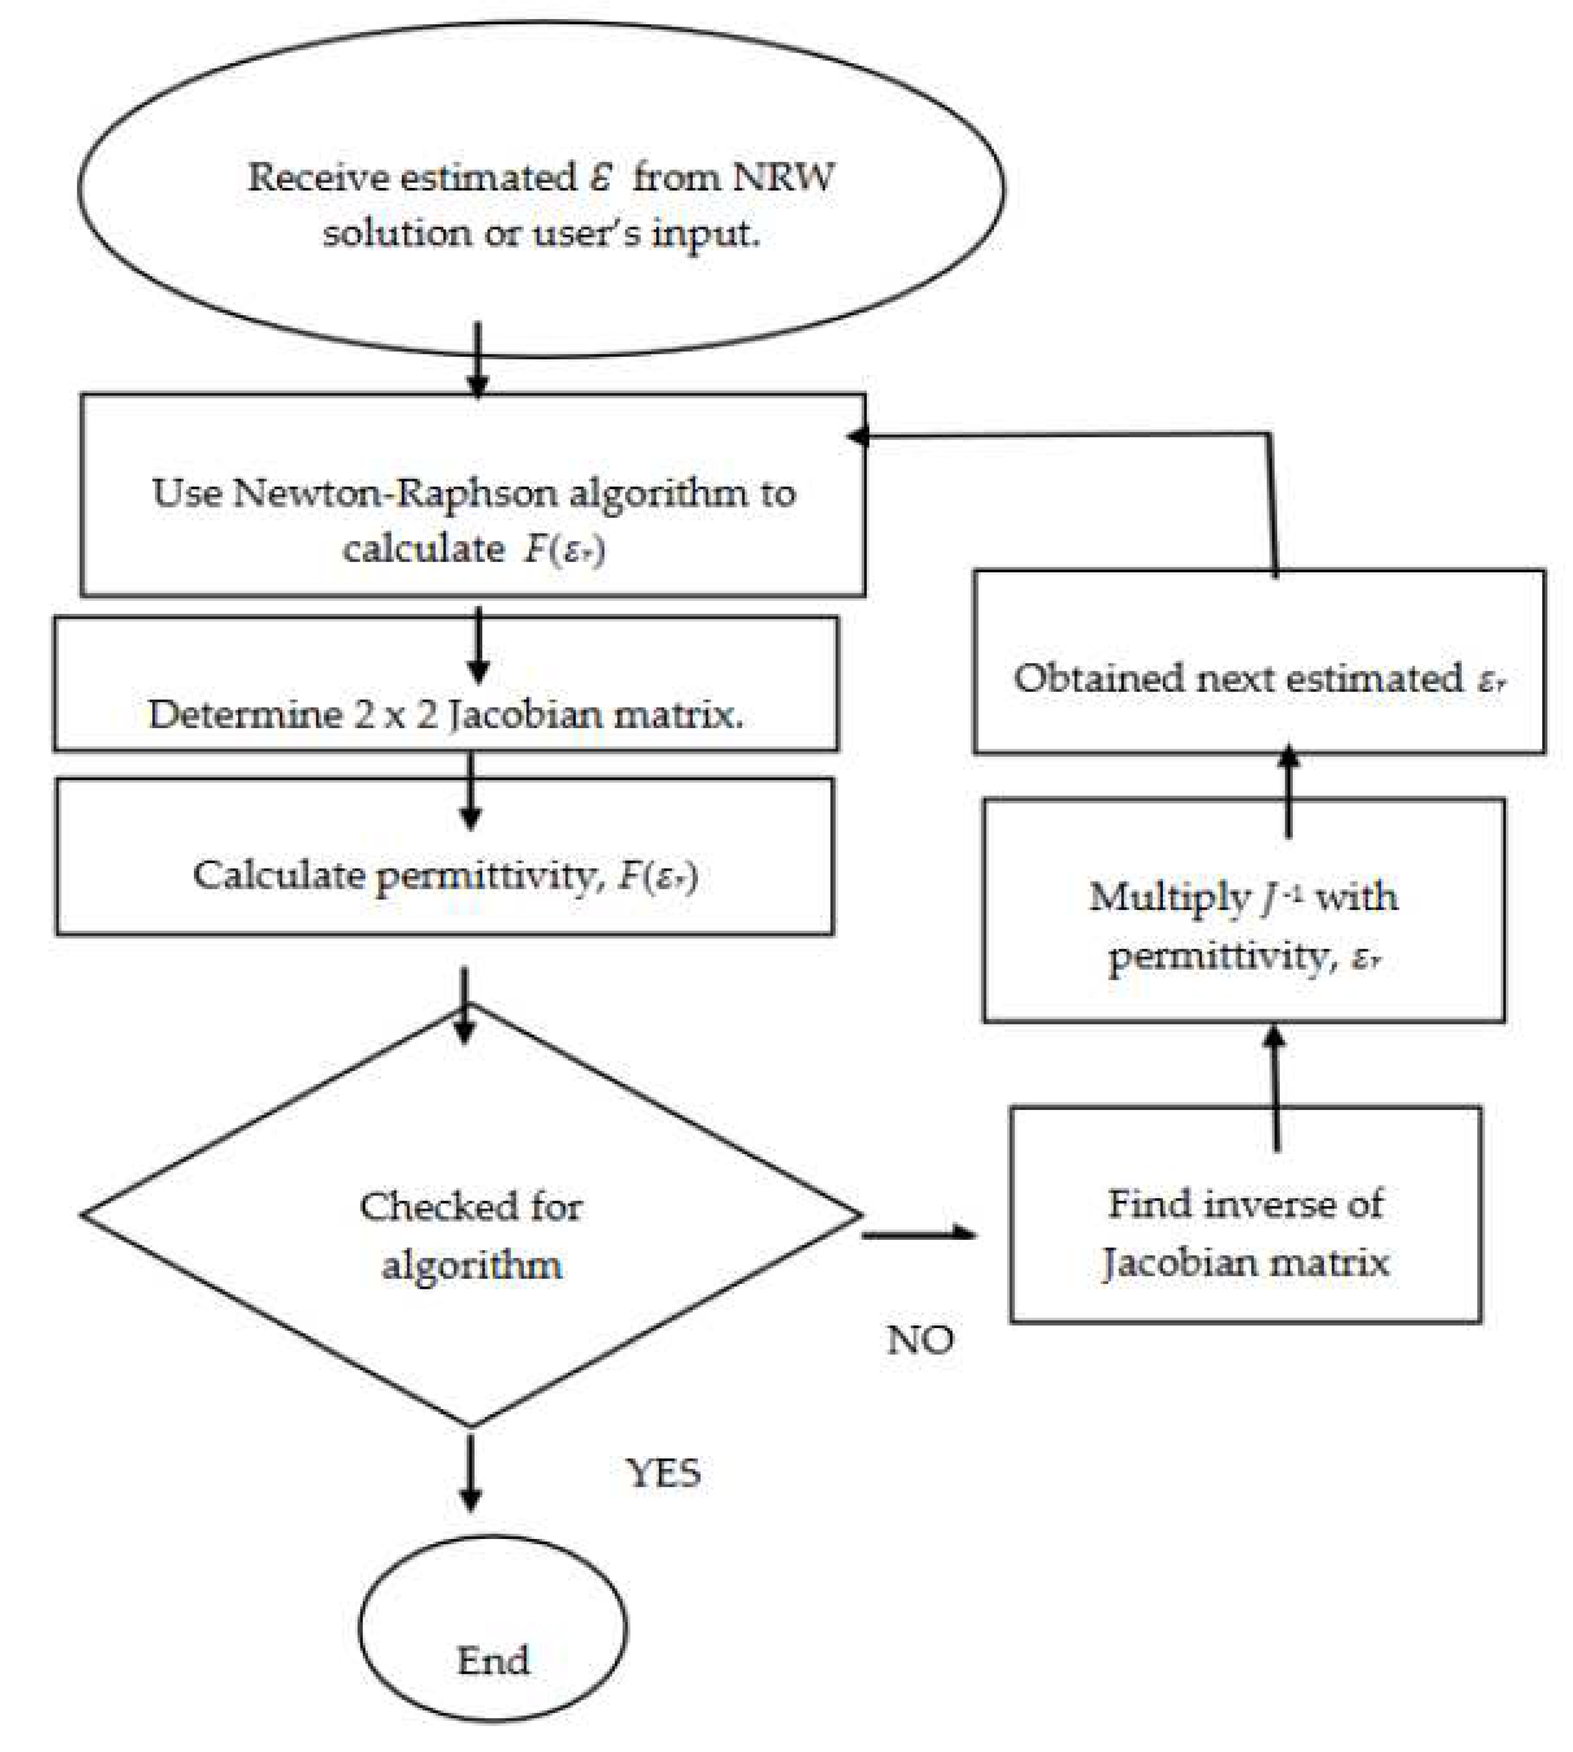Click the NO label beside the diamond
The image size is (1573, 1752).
(x=920, y=1340)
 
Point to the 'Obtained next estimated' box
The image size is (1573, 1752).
(x=1258, y=662)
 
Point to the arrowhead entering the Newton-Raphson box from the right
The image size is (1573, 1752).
(x=857, y=436)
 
